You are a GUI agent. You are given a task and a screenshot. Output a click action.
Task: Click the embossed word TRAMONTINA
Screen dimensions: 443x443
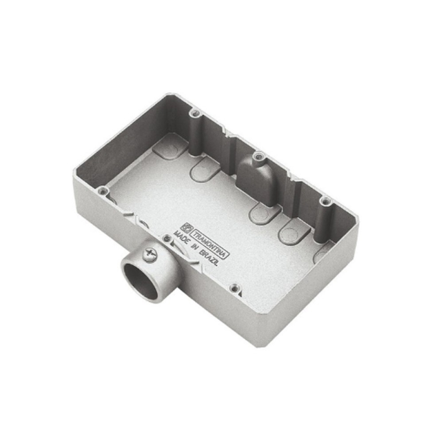click(210, 243)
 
